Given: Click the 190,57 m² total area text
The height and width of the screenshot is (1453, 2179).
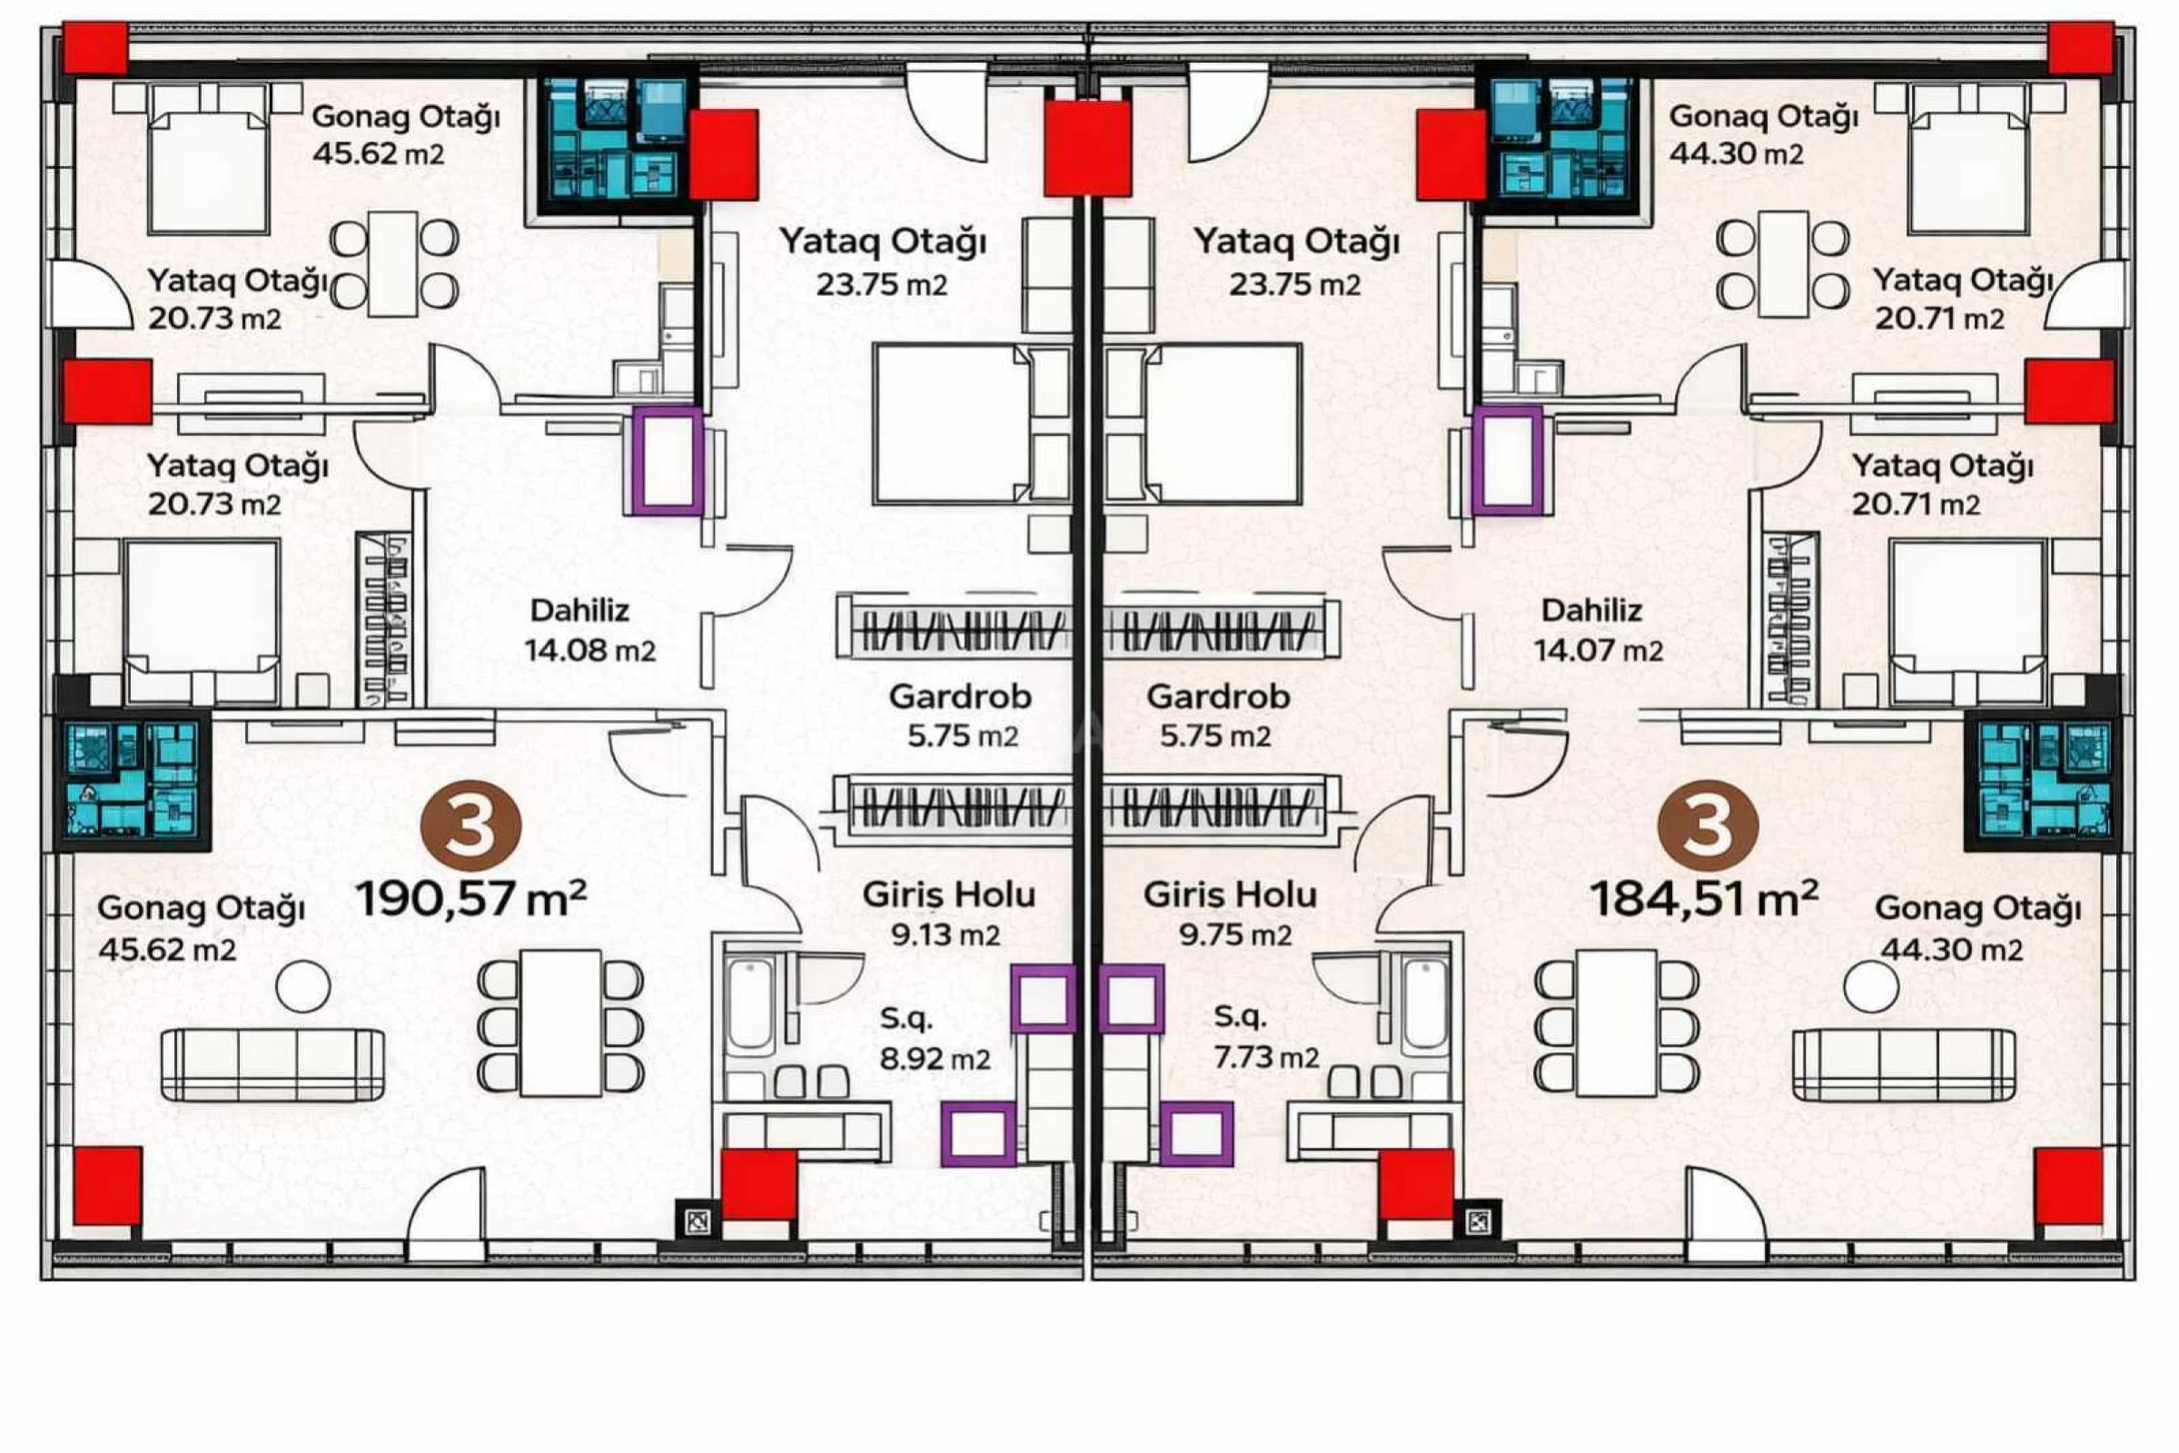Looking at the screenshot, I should click(x=470, y=898).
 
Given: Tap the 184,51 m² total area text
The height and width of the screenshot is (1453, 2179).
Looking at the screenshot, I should click(x=1704, y=898).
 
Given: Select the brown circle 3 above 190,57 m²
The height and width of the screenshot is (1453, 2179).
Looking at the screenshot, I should click(x=470, y=825).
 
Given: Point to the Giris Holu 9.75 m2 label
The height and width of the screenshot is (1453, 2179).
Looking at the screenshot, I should click(x=1231, y=914).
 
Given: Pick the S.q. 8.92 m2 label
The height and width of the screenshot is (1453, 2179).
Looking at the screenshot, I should click(x=934, y=1038).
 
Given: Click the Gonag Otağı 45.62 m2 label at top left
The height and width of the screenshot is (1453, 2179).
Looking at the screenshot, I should click(x=405, y=134).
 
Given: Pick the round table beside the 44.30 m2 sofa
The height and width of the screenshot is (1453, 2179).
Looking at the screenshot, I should click(x=1870, y=986).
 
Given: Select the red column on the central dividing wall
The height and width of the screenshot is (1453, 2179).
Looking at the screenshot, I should click(x=1087, y=148).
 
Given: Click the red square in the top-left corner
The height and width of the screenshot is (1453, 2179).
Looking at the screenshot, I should click(x=94, y=48).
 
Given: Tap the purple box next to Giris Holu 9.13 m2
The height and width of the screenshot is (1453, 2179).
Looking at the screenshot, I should click(x=1043, y=998).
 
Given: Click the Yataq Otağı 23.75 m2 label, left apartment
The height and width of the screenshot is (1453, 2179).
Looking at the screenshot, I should click(x=881, y=262).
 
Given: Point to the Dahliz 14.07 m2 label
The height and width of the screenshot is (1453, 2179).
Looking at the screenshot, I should click(x=1597, y=630).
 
